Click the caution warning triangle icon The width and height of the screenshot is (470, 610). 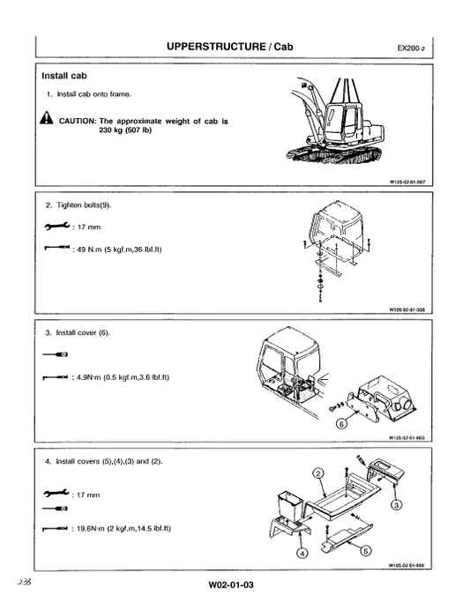[47, 120]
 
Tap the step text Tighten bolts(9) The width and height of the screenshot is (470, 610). [85, 205]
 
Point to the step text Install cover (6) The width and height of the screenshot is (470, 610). [84, 333]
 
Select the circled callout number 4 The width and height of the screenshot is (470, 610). [302, 554]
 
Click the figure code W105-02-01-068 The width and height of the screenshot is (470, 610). [407, 565]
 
